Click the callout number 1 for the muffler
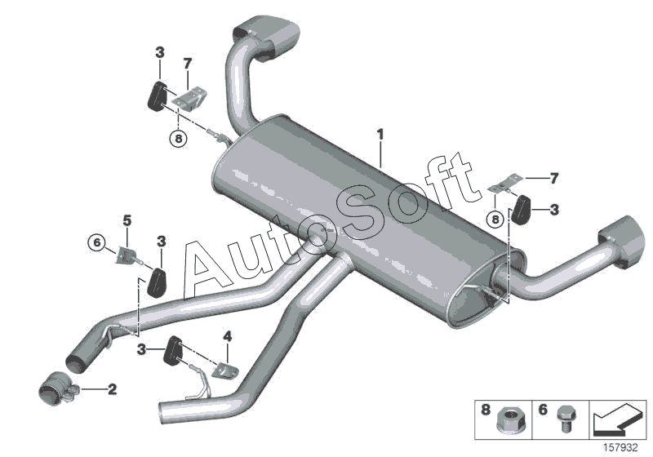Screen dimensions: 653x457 (379, 133)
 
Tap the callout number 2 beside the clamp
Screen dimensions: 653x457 (113, 389)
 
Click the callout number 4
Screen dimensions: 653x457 (228, 335)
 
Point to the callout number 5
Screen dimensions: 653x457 (127, 220)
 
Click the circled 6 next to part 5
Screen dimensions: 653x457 (97, 242)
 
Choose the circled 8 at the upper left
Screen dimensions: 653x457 (178, 138)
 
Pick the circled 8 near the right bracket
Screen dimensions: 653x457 (493, 218)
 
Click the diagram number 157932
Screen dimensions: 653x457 (622, 448)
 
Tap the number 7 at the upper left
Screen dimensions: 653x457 (188, 63)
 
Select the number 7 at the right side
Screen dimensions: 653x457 (553, 176)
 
